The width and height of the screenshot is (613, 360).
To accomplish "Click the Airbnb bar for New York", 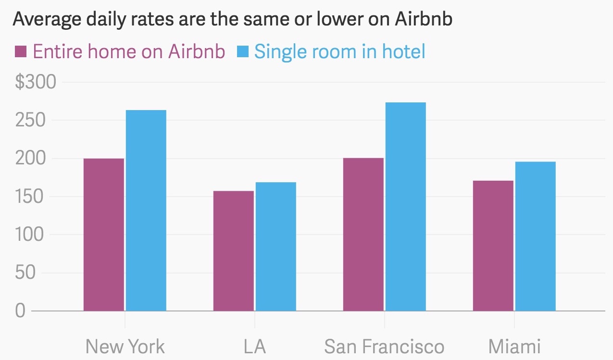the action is [104, 235].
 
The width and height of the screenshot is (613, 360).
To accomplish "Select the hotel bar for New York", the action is [146, 211].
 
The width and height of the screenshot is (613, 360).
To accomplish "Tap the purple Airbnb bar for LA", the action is [234, 251].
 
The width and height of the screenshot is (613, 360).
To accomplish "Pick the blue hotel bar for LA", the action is [276, 247].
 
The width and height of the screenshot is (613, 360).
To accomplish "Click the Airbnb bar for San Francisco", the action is [363, 235].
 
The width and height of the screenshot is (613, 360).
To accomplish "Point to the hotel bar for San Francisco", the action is [406, 207].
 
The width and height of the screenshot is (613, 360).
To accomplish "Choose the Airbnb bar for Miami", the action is [493, 246].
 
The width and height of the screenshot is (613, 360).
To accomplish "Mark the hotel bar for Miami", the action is [536, 236].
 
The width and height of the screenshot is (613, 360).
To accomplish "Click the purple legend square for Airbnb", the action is [21, 52].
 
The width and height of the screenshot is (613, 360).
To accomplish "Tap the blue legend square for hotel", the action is [243, 52].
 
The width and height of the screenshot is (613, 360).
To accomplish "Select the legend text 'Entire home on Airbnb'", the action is [129, 51].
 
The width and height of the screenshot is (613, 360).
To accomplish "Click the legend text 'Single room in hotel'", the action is [340, 52].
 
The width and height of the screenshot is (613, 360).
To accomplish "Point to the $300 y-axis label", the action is [36, 82].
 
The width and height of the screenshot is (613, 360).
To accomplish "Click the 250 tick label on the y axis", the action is [30, 120].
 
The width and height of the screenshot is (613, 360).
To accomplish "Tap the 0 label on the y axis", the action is [20, 311].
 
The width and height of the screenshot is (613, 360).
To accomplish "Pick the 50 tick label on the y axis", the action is [25, 273].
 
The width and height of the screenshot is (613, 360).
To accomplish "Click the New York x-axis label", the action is [125, 347].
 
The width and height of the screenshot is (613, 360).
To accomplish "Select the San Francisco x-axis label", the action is [384, 347].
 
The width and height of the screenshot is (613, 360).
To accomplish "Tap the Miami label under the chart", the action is [514, 347].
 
